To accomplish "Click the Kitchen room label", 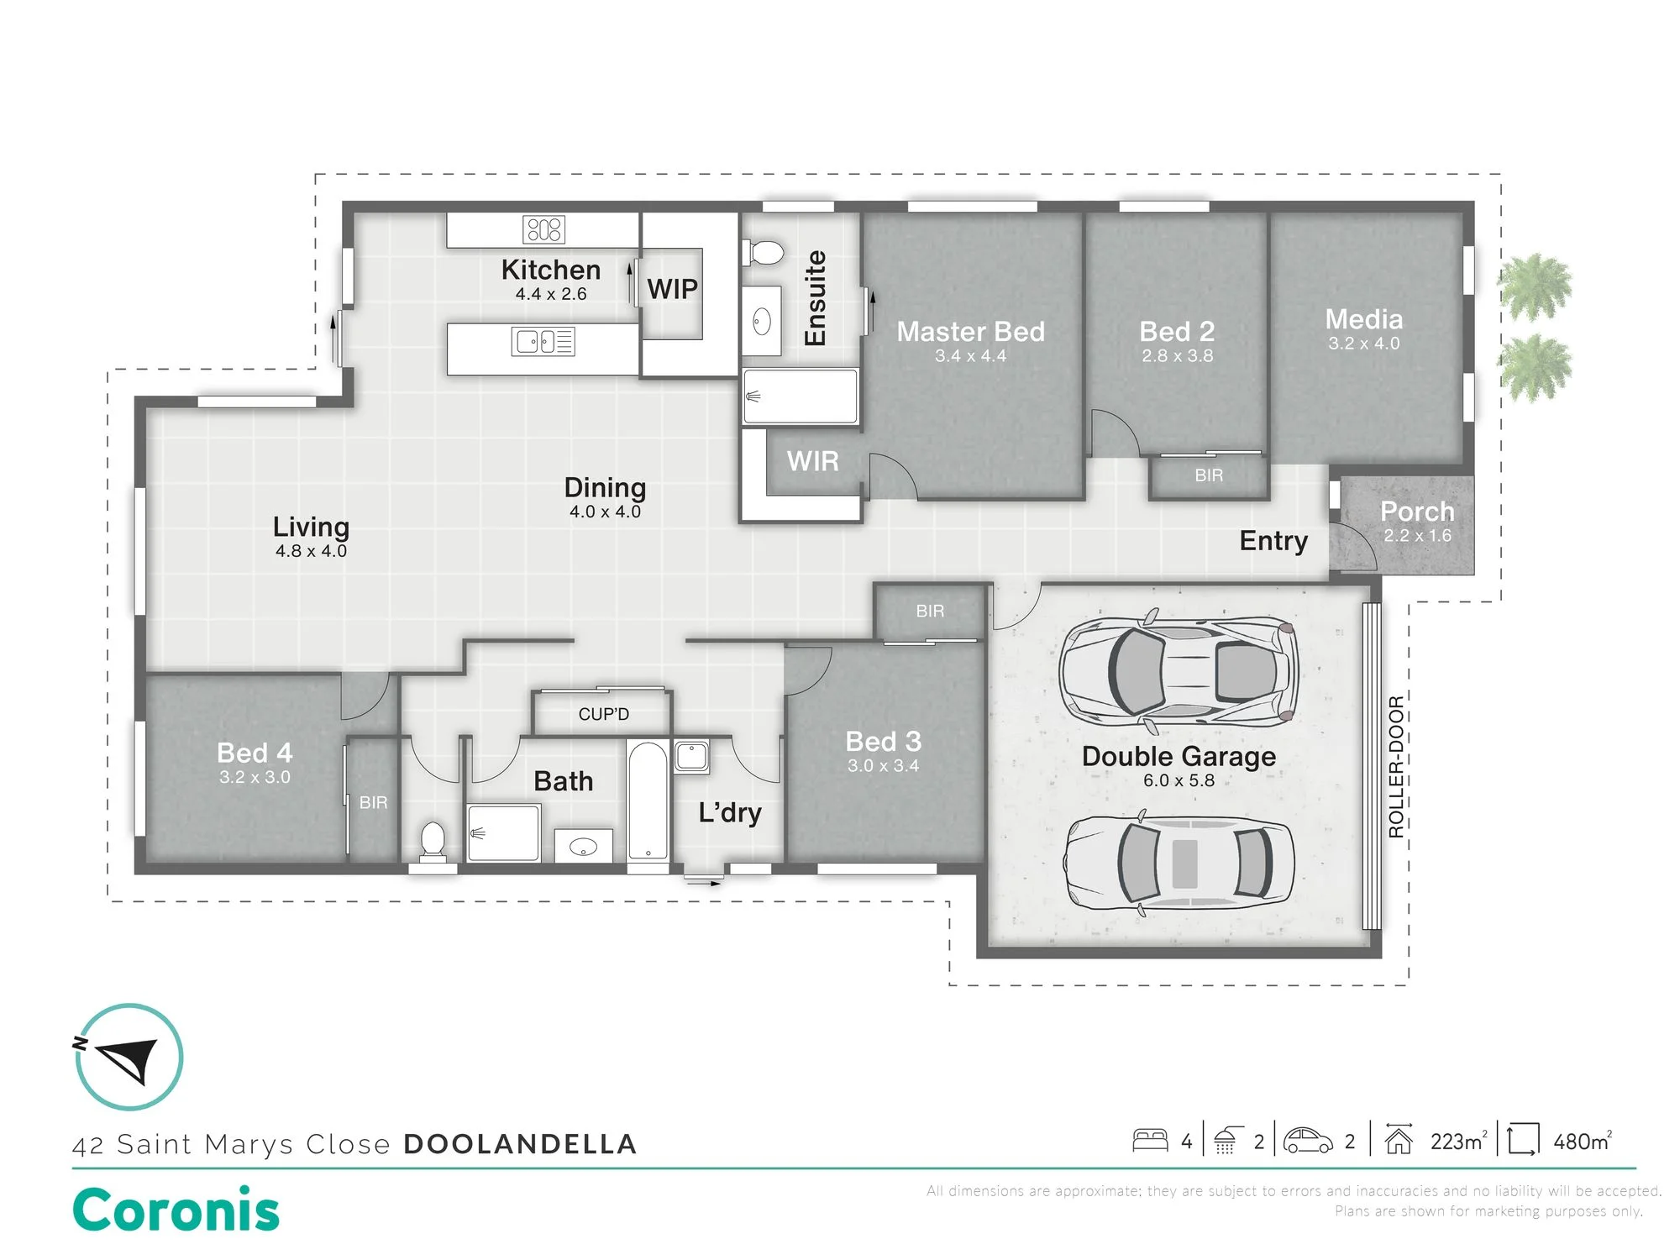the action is (551, 270).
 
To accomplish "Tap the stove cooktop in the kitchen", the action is (544, 229).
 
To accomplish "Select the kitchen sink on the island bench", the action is (543, 342).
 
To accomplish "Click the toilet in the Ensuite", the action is (764, 252).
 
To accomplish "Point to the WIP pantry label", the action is (672, 289).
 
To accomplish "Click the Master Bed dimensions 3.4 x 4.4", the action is (970, 356).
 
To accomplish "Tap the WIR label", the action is (812, 461).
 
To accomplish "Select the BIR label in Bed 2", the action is (1209, 475).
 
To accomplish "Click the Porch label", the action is (1417, 511).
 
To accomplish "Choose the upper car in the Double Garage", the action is (1179, 672).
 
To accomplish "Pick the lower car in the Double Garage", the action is (1179, 864).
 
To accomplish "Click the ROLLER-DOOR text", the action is (1396, 767).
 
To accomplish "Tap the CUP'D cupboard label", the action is (603, 714).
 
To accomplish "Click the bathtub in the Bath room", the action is (648, 801).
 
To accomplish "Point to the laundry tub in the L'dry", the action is (691, 756).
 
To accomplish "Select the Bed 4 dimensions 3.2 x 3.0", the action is (255, 777).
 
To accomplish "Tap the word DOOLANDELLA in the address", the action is (520, 1144).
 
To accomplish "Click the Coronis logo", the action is (176, 1210).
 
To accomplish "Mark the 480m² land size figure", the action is (1583, 1142).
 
